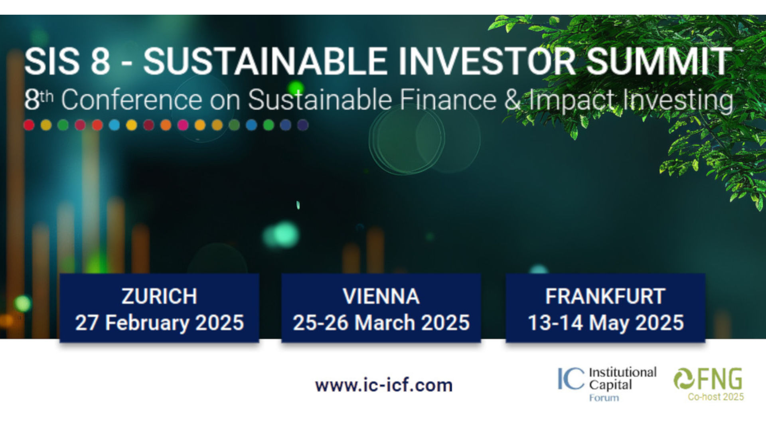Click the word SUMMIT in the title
659,61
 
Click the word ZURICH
159,297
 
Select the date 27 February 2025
159,323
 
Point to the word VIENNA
381,297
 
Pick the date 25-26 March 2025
381,323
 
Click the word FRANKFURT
605,297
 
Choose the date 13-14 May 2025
606,323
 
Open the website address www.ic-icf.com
384,386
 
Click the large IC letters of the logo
571,379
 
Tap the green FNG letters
720,379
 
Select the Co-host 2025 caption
716,397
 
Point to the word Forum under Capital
604,398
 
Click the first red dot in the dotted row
29,125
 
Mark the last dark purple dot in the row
303,125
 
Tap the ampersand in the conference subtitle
513,100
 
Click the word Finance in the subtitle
448,100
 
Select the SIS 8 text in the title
67,61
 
